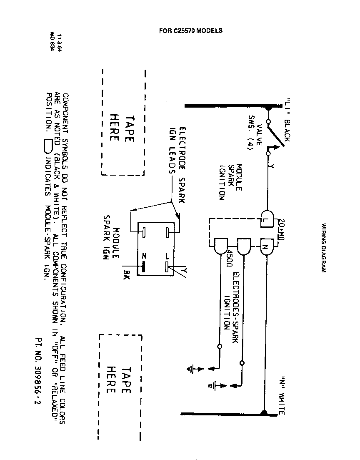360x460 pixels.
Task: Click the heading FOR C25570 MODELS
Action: pos(191,30)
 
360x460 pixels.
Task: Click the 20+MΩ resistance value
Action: pos(280,228)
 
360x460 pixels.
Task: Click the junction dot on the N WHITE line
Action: pos(264,413)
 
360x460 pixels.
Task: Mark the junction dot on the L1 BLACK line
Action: pos(268,108)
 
